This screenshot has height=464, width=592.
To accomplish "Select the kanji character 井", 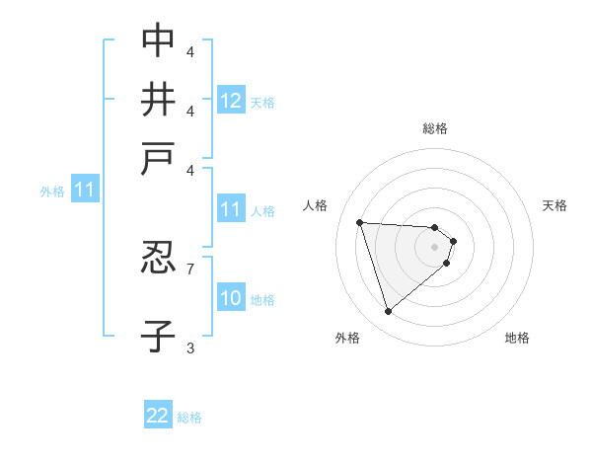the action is tap(158, 100).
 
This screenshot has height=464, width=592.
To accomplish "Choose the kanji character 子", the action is tap(158, 336).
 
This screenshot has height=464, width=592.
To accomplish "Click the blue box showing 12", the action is tap(231, 100).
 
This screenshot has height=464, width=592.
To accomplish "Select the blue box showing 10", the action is tap(231, 298).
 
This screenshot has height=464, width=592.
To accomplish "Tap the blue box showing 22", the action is tap(158, 416).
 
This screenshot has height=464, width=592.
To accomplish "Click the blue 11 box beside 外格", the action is tap(84, 190).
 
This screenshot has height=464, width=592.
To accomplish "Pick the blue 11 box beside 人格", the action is tap(231, 209).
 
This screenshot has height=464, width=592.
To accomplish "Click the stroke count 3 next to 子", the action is tap(190, 347).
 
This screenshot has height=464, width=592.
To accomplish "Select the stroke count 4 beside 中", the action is tap(190, 50).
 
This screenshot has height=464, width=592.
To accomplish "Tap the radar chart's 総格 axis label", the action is tap(435, 128).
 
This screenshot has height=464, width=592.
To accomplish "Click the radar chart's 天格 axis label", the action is tap(555, 205).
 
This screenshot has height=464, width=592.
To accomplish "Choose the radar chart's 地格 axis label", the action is tap(517, 338).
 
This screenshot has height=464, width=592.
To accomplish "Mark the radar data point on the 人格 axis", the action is tap(360, 222).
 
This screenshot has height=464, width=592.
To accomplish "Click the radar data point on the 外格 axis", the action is tap(388, 312).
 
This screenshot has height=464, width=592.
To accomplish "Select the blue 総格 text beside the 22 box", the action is tap(189, 418).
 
